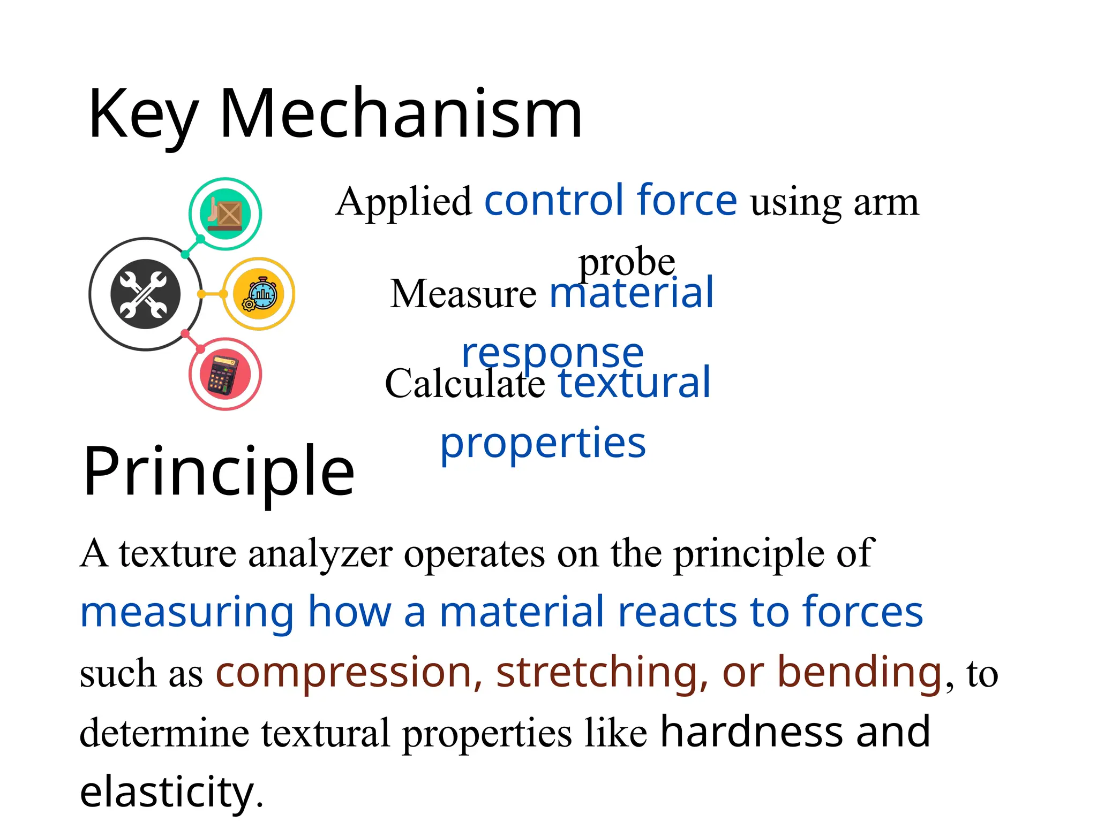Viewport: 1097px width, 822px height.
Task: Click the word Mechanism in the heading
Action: click(x=401, y=113)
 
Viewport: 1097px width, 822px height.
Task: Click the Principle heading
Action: click(x=219, y=471)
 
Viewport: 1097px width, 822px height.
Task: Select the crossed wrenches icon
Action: click(x=145, y=294)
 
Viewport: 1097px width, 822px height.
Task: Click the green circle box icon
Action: click(x=226, y=214)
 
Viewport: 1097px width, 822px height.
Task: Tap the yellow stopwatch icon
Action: click(x=260, y=294)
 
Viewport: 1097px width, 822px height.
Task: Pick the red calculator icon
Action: click(x=226, y=374)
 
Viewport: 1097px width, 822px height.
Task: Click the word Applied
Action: click(x=404, y=203)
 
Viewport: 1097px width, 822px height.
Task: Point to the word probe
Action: click(x=627, y=262)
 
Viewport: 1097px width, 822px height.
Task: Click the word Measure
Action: click(x=463, y=294)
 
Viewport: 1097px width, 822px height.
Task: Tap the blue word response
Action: click(x=552, y=353)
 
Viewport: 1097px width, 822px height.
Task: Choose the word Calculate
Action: click(x=465, y=384)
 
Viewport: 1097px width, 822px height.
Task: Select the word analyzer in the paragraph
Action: click(x=320, y=554)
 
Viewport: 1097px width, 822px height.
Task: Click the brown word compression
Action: click(x=343, y=672)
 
